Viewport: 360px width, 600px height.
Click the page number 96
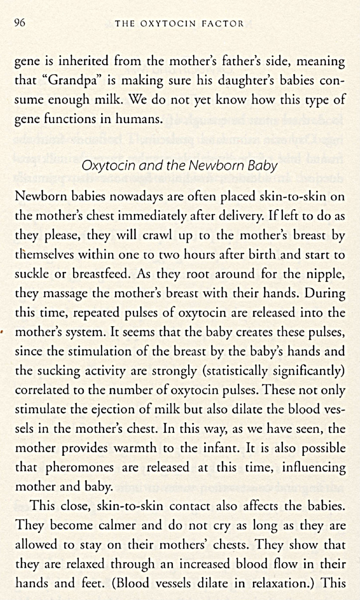20,22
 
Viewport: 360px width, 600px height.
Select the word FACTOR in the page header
224,23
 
